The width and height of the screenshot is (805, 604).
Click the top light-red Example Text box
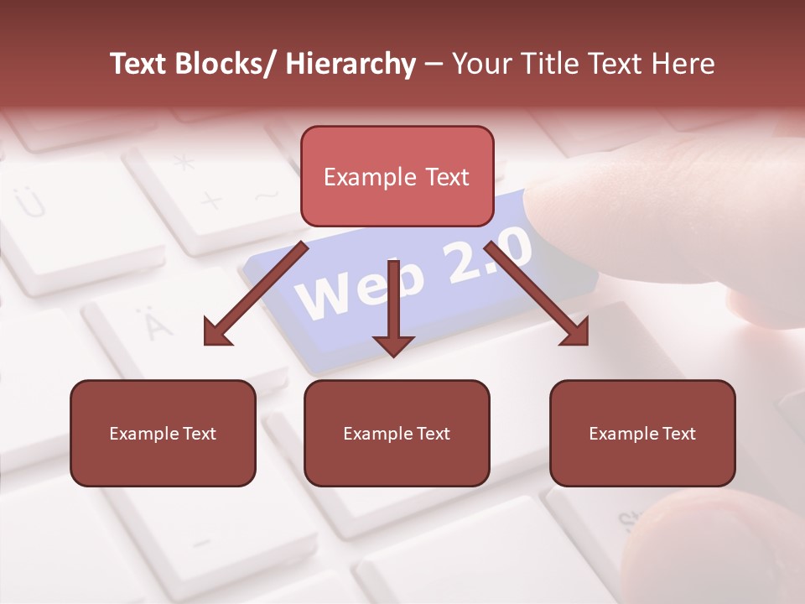pyautogui.click(x=397, y=176)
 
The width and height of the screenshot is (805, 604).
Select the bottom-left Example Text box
pyautogui.click(x=163, y=433)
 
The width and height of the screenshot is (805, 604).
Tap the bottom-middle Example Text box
pyautogui.click(x=397, y=433)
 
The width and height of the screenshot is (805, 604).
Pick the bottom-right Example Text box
pyautogui.click(x=642, y=433)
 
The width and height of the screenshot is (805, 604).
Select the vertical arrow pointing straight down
pyautogui.click(x=394, y=310)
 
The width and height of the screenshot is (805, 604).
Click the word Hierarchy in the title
pyautogui.click(x=351, y=64)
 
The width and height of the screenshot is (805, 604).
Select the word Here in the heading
pyautogui.click(x=683, y=64)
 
